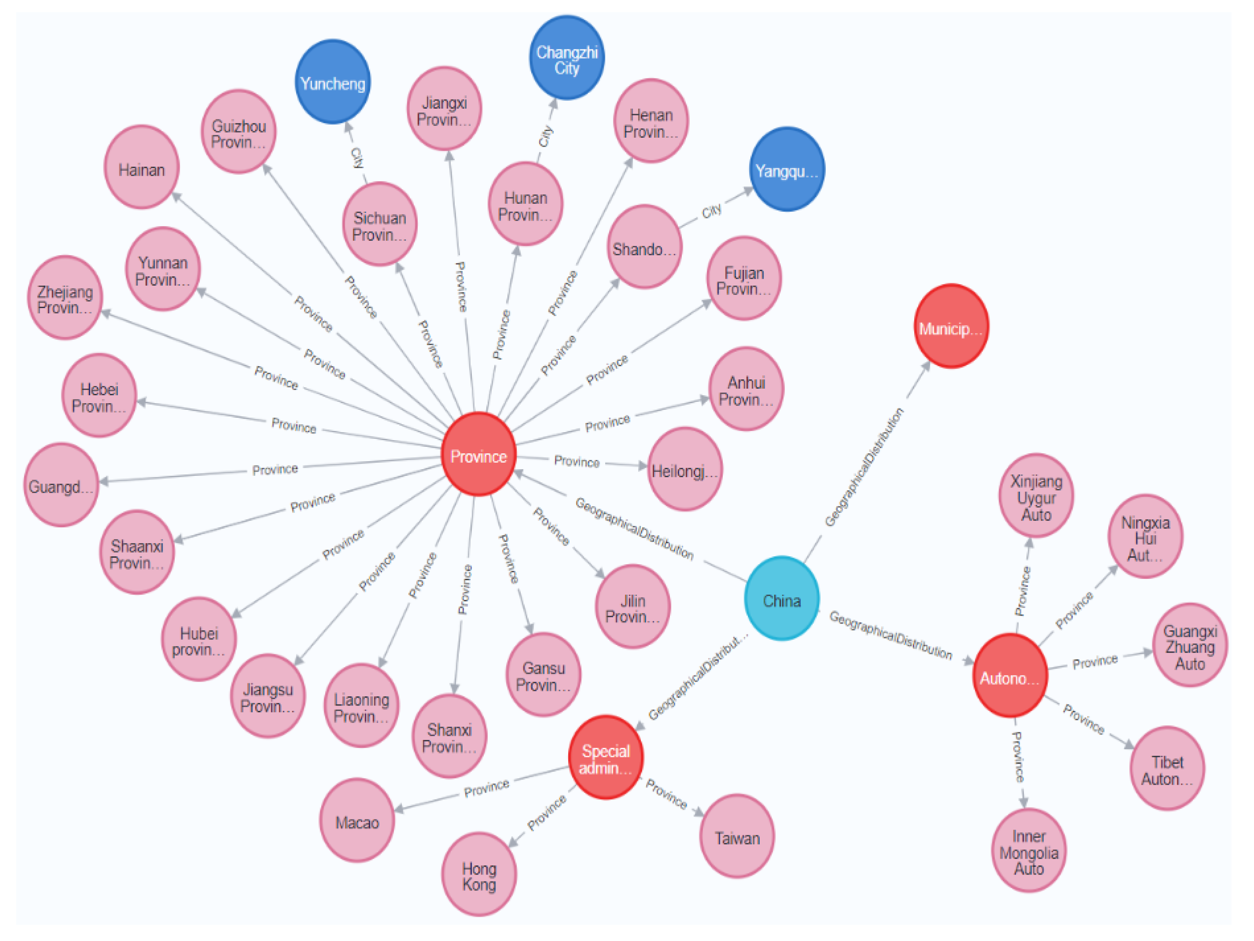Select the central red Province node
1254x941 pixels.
pyautogui.click(x=478, y=455)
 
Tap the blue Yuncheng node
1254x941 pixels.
pyautogui.click(x=333, y=83)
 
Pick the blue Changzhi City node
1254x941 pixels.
pyautogui.click(x=566, y=59)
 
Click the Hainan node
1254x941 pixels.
pyautogui.click(x=142, y=168)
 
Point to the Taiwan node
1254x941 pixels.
pyautogui.click(x=736, y=837)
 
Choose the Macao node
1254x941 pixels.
pyautogui.click(x=357, y=821)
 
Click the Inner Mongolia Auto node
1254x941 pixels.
pyautogui.click(x=1028, y=852)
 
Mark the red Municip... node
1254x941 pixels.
pyautogui.click(x=951, y=327)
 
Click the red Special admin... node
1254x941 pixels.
pyautogui.click(x=606, y=758)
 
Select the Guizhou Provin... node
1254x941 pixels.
pyautogui.click(x=239, y=132)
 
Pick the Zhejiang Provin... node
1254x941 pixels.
pyautogui.click(x=65, y=298)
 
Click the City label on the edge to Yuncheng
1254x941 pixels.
pyautogui.click(x=357, y=157)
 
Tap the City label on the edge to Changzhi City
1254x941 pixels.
pyautogui.click(x=545, y=136)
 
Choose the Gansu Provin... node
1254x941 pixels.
pyautogui.click(x=543, y=675)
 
